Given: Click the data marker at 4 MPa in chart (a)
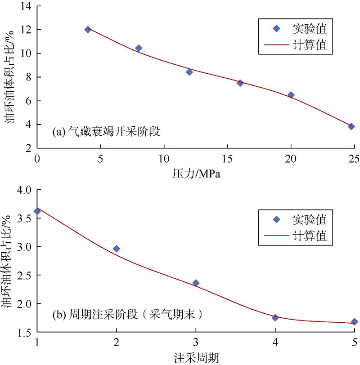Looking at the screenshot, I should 88,30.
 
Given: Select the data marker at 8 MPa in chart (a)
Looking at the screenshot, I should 139,48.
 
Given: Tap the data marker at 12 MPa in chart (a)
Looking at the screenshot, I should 189,72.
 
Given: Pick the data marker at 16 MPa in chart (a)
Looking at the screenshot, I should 240,83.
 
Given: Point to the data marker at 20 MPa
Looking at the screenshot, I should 291,95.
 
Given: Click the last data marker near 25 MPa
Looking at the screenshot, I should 351,127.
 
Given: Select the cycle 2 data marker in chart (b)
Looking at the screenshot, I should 117,249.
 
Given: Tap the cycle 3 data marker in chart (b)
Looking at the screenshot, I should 196,283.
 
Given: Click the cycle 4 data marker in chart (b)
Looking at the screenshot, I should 275,318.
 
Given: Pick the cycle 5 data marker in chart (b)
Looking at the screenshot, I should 354,321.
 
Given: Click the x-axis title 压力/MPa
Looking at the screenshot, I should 196,173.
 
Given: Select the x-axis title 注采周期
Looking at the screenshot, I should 197,358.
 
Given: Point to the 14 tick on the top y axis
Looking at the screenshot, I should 25,6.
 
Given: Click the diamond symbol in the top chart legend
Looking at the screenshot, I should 277,28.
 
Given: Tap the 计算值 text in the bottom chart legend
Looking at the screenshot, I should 310,235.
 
